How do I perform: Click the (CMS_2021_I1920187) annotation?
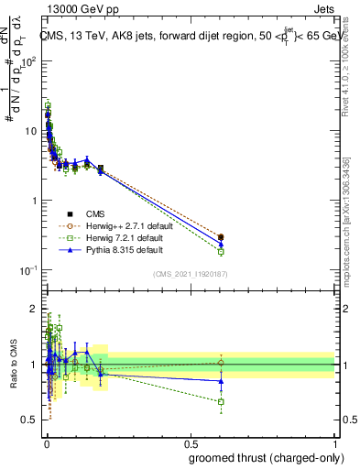point(190,273)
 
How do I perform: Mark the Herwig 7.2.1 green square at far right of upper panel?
point(221,251)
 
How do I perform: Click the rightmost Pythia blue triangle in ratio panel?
point(221,381)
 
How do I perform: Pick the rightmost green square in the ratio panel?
point(221,401)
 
